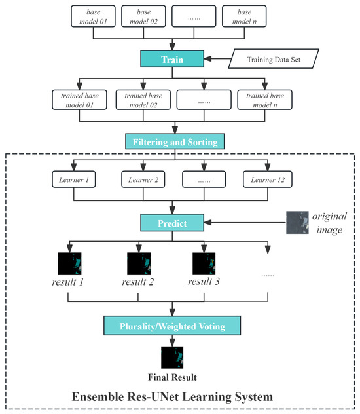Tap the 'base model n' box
pos(244,18)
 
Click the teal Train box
pos(172,60)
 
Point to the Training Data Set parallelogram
pos(276,60)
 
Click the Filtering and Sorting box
pos(172,141)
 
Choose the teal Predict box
pos(172,224)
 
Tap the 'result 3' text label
pos(203,283)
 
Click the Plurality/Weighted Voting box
pos(172,326)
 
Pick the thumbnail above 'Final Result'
pos(172,359)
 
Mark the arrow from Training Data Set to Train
pos(217,60)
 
